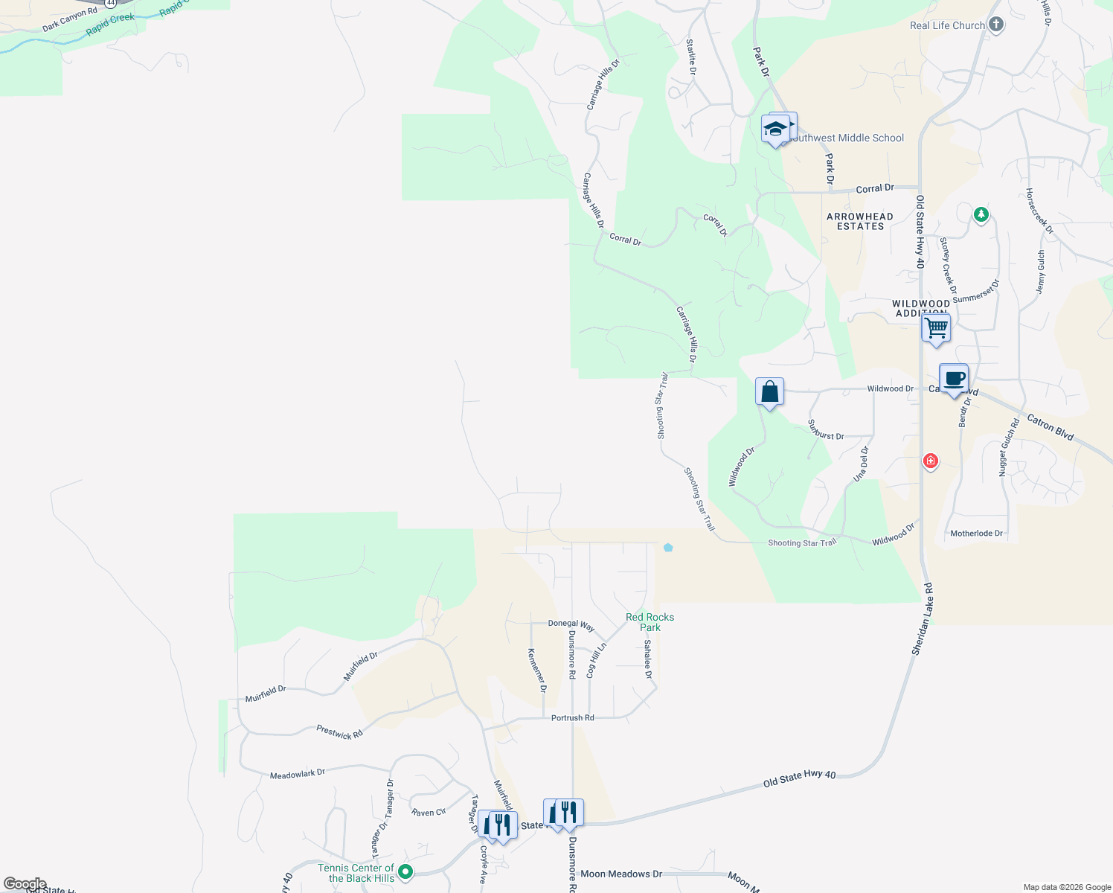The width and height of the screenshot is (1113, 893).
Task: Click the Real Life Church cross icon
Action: point(996,25)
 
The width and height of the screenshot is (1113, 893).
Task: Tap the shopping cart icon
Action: point(936,327)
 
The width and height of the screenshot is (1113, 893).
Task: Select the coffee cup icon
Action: point(954,379)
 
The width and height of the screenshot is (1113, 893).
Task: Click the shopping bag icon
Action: point(769,391)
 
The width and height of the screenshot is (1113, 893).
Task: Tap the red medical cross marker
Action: point(930,461)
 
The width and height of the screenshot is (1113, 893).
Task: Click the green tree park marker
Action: point(981,215)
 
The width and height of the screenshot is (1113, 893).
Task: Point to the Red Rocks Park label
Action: point(649,622)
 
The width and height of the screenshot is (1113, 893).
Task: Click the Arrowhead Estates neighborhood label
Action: point(860,221)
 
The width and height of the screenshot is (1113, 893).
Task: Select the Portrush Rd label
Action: point(573,718)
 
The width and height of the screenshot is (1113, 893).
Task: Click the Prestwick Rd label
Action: point(339,732)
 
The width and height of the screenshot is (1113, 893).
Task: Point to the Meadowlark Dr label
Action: point(298,774)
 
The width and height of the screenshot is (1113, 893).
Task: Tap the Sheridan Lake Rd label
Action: point(923,619)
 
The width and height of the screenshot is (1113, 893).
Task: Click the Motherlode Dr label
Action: point(976,534)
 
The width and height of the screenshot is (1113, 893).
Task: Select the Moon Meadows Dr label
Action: point(621,874)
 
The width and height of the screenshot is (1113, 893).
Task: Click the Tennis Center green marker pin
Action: point(405,871)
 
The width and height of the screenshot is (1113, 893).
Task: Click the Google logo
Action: point(25,884)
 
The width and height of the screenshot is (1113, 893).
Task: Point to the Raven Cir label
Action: point(429,813)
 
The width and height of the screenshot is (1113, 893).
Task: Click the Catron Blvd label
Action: point(1051,427)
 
